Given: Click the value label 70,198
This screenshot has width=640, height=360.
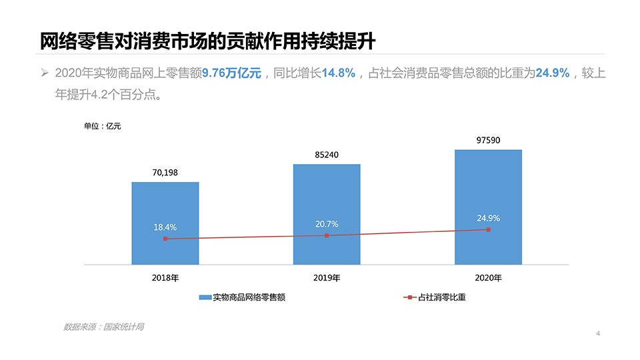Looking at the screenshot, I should click(165, 173).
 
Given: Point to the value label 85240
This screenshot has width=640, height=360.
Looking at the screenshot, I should click(327, 155).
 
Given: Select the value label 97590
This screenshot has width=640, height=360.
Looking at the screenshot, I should click(488, 140).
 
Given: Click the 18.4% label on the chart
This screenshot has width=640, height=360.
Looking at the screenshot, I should click(165, 227).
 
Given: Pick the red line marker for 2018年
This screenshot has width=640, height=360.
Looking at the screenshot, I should click(165, 239).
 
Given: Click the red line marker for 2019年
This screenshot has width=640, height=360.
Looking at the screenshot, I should click(327, 235).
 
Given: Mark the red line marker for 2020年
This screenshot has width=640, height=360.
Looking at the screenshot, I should click(488, 229).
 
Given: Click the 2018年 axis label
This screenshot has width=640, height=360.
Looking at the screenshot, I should click(165, 277).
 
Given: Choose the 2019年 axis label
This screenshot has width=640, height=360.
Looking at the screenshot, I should click(327, 277).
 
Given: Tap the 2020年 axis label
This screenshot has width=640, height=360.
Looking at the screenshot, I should click(488, 277).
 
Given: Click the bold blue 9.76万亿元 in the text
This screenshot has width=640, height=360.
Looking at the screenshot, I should click(231, 73).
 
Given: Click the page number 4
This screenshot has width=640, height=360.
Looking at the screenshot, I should click(598, 333).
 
